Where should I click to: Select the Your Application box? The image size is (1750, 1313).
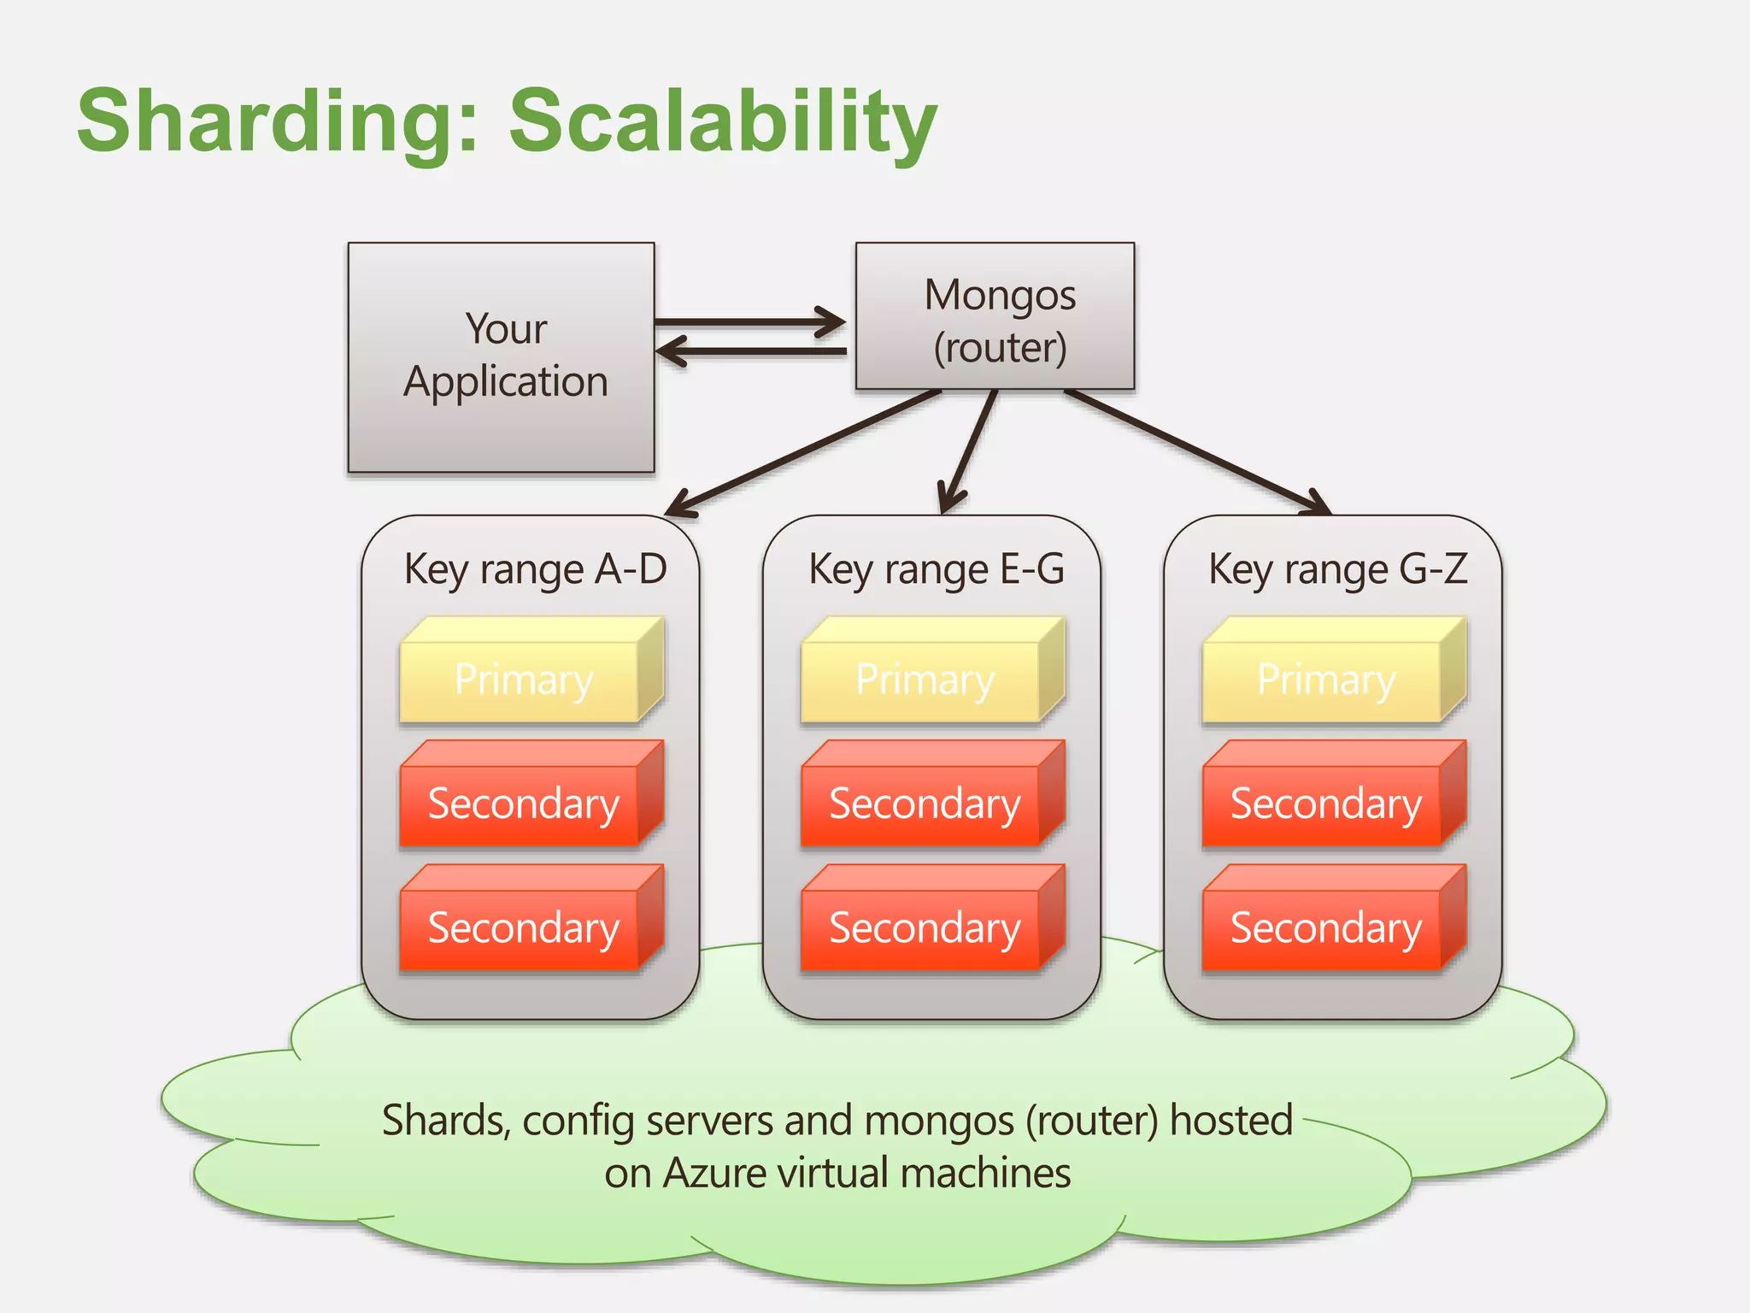(502, 356)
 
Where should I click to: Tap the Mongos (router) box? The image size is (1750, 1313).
(995, 317)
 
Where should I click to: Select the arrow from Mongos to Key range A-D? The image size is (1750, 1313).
(803, 453)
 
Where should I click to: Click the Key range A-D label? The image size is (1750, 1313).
(535, 569)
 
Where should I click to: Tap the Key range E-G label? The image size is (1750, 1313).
(937, 569)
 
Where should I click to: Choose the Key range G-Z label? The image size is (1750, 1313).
(1337, 569)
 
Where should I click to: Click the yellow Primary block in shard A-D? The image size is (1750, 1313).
(523, 680)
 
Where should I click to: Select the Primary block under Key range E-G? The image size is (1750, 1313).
(925, 680)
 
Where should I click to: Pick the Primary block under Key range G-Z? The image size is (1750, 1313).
(1326, 680)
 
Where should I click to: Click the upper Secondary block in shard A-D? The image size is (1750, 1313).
(523, 804)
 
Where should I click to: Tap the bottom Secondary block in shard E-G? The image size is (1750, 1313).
(925, 927)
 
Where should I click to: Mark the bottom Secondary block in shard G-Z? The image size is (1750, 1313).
(1326, 927)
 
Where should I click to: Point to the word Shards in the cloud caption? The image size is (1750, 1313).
(444, 1121)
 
